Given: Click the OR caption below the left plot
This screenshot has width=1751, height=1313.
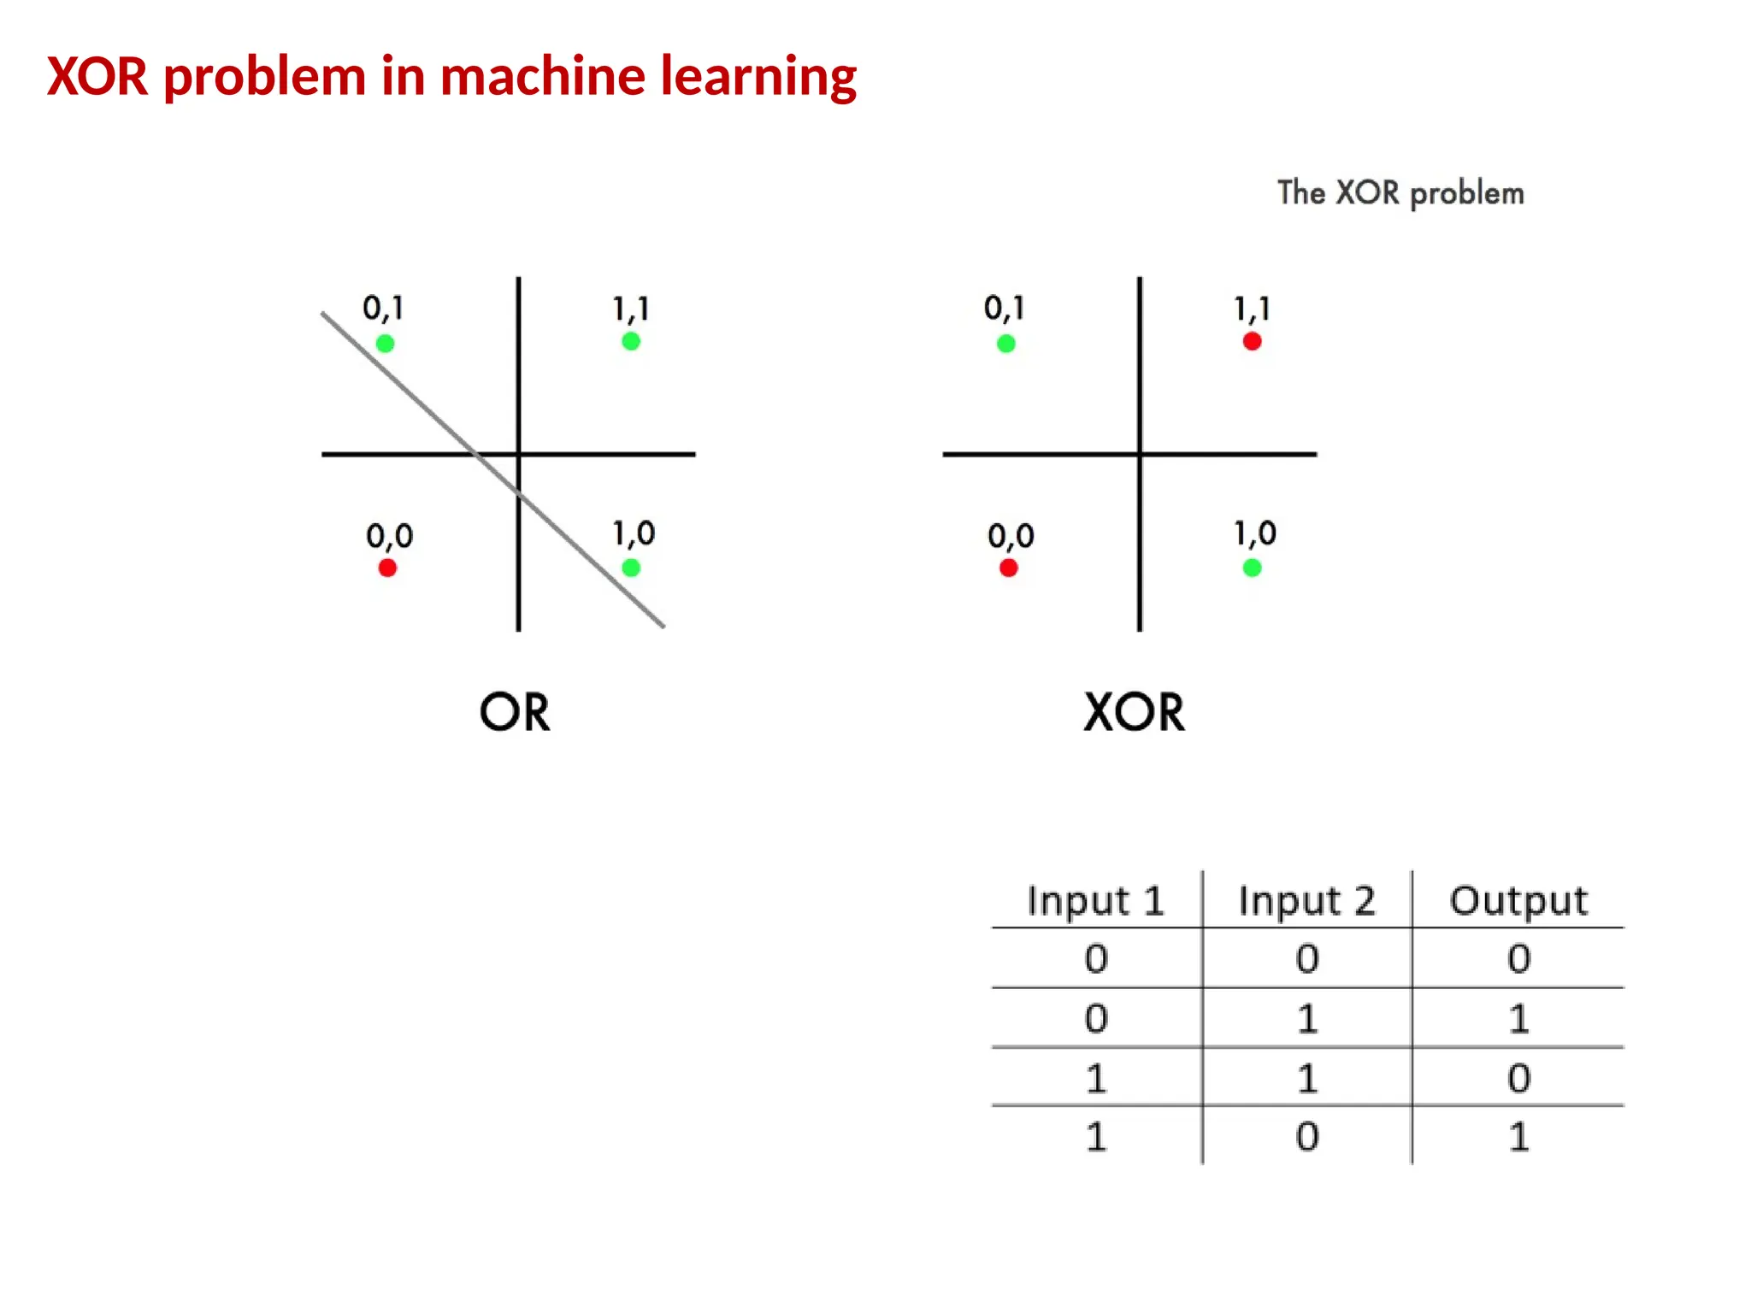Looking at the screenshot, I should (x=514, y=712).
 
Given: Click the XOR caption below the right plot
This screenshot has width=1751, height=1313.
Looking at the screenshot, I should (x=1134, y=712).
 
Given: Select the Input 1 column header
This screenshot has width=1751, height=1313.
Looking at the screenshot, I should (x=1096, y=901).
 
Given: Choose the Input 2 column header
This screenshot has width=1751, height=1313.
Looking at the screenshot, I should (x=1306, y=901).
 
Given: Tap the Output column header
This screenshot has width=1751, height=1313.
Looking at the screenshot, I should (x=1518, y=901).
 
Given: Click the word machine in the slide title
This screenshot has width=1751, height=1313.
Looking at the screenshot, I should (x=543, y=76).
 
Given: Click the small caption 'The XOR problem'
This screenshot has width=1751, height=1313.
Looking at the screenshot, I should (x=1400, y=193).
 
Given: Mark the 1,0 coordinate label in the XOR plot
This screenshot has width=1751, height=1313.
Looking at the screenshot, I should (x=1254, y=533).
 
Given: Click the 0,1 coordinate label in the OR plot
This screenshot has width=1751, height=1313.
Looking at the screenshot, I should (x=383, y=308).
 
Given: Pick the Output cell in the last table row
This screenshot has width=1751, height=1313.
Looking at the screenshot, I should (x=1518, y=1137).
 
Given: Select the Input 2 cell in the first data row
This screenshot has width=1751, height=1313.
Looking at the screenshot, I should (x=1306, y=958).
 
